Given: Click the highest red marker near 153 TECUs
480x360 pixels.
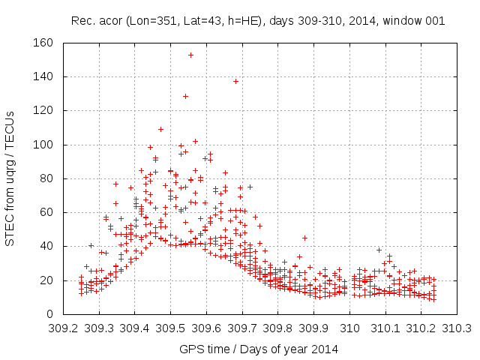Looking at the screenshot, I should [190, 55].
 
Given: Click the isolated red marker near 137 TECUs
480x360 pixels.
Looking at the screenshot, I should [235, 81].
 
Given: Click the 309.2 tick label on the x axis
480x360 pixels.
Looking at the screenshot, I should [62, 328].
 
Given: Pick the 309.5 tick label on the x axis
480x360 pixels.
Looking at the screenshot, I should [170, 328].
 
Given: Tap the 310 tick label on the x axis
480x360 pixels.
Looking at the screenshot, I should [350, 328].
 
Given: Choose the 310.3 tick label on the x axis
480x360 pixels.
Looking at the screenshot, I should [458, 328].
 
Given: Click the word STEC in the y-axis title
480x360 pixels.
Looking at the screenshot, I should [10, 231].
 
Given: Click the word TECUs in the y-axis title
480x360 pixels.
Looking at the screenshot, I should [10, 125].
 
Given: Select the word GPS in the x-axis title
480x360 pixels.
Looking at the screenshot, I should [190, 349].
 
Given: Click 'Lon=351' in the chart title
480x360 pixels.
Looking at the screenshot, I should [159, 21].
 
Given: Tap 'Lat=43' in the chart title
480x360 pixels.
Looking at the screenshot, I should [204, 21].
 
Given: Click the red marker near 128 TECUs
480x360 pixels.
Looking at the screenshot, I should [185, 96].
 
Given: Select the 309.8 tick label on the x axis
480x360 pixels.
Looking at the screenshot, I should [278, 328].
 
